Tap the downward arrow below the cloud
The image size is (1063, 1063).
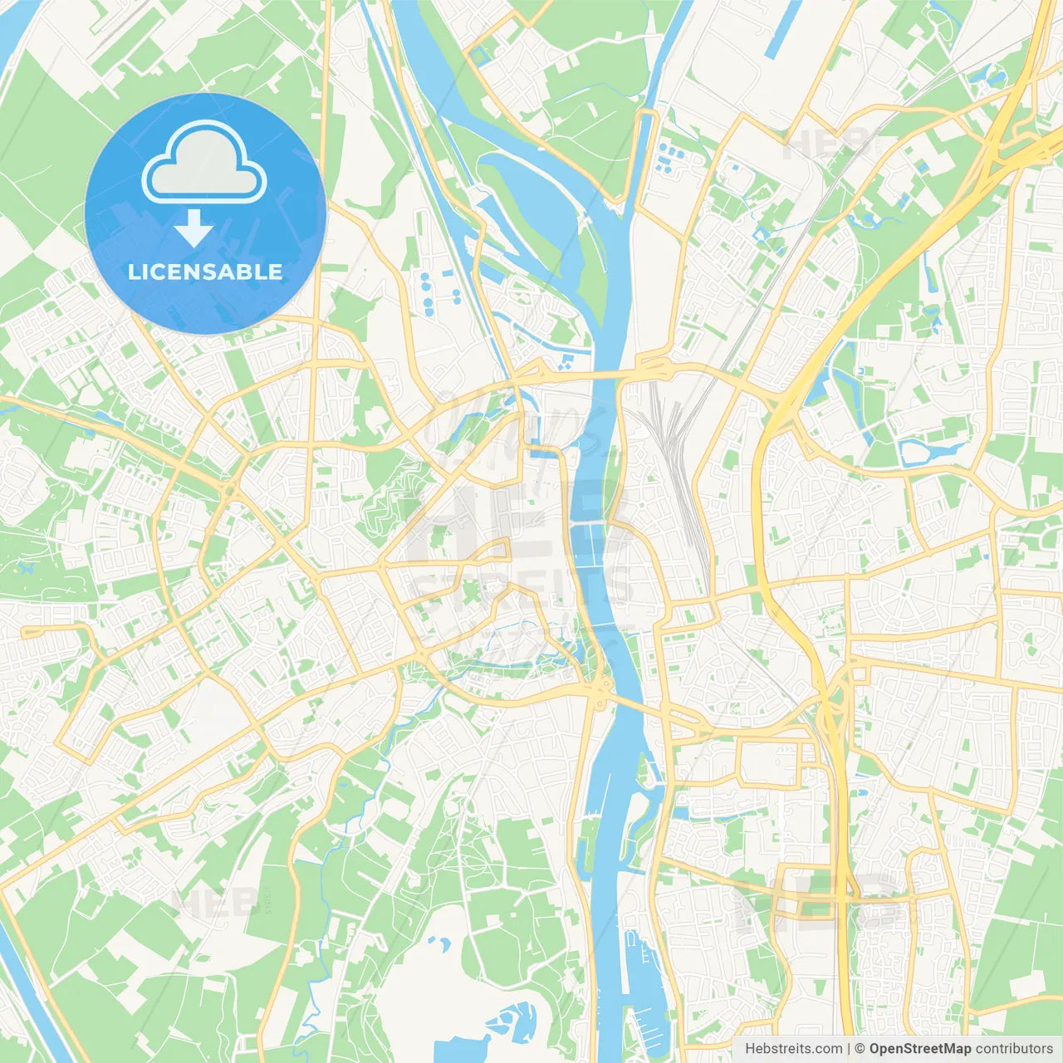coord(193,228)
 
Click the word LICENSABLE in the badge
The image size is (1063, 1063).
coord(205,272)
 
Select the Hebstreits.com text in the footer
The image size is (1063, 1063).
coord(793,1049)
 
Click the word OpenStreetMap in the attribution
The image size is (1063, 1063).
coord(920,1049)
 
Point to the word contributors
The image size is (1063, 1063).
coord(1014,1049)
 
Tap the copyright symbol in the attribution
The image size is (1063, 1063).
coord(860,1049)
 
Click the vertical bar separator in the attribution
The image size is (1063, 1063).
coord(849,1049)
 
